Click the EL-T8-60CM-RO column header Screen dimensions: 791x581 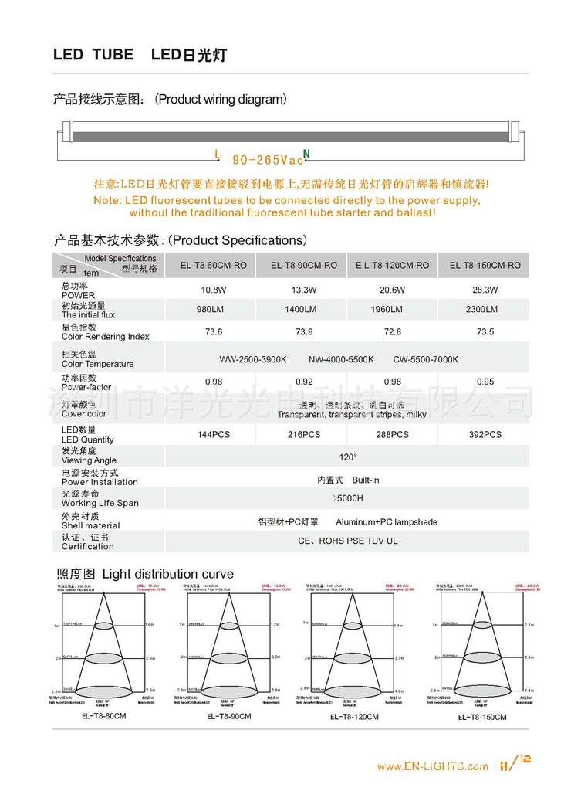213,265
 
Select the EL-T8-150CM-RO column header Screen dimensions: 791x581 485,265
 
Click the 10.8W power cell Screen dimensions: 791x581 213,290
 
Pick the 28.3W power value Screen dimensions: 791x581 485,290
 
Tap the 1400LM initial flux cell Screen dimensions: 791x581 304,309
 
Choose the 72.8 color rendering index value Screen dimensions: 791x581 392,331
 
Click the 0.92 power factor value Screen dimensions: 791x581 304,382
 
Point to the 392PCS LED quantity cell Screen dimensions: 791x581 485,434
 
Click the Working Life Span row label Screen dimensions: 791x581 100,503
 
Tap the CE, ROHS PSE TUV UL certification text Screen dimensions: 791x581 348,541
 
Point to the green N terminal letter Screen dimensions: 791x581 306,154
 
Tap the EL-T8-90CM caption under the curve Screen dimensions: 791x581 229,716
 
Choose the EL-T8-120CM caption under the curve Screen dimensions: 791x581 354,716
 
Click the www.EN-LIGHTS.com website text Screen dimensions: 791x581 432,766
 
